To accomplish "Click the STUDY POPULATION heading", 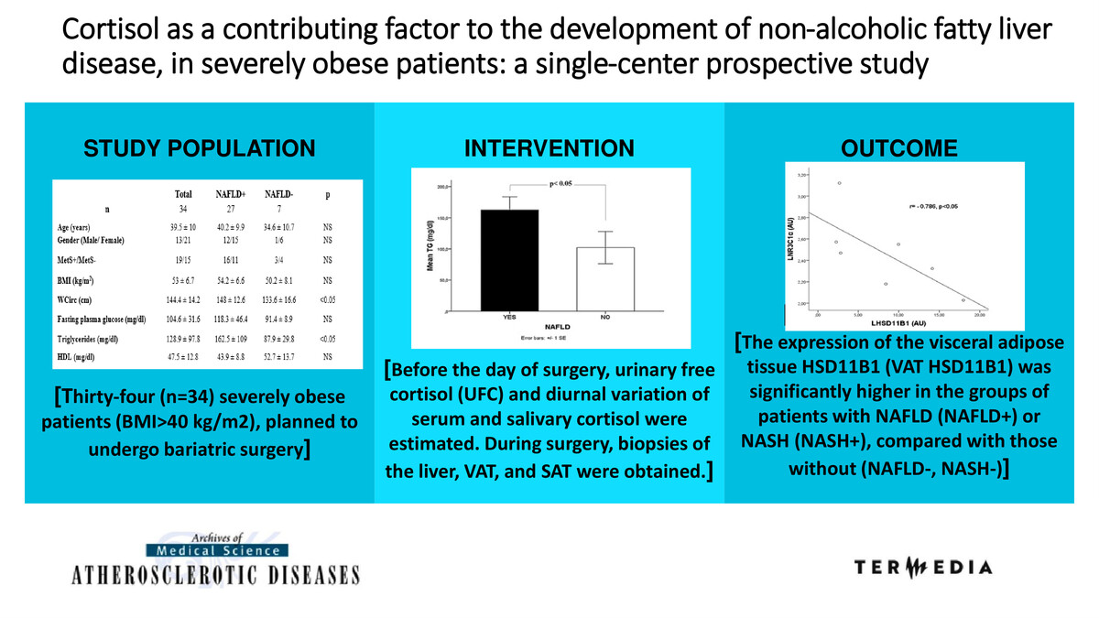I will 200,149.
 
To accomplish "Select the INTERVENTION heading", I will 549,149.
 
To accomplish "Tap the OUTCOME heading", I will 898,149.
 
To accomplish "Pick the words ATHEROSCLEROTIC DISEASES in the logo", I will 217,575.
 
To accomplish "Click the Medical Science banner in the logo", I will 217,550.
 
